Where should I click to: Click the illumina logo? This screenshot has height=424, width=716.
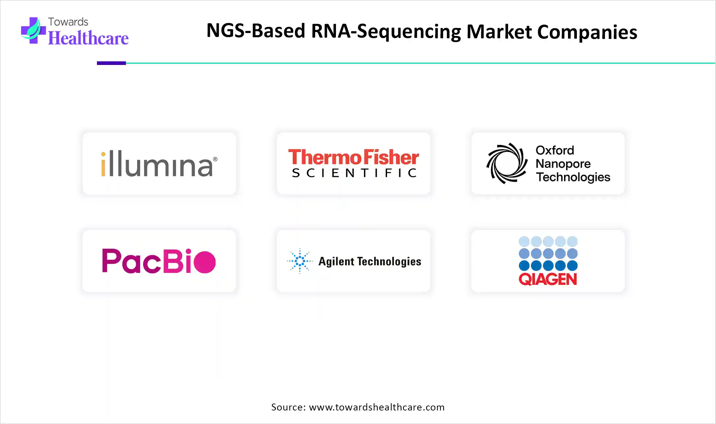[159, 164]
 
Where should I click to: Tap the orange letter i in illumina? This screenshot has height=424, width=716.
[103, 165]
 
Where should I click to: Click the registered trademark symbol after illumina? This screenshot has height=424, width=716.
[215, 159]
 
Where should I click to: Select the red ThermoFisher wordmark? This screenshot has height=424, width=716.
[353, 157]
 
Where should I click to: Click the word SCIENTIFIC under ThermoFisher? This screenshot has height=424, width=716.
[354, 173]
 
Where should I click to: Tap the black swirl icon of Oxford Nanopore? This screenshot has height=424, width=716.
[507, 164]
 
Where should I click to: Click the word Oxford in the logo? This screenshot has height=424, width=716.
[555, 150]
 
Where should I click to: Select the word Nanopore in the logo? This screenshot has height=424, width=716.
[563, 164]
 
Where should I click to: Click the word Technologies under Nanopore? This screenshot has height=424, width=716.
[573, 177]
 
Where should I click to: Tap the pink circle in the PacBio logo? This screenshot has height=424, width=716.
[205, 262]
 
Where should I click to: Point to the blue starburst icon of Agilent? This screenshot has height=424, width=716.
[300, 261]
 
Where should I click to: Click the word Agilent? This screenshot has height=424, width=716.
[336, 261]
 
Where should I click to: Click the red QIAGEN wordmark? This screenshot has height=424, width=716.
[548, 280]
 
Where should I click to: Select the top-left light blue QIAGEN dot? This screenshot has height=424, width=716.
[524, 242]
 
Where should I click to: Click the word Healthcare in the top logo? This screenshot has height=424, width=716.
[88, 38]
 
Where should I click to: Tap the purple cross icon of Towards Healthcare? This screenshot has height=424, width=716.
[33, 31]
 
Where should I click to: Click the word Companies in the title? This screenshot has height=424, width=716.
[587, 32]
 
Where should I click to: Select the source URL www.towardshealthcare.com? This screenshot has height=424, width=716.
[377, 407]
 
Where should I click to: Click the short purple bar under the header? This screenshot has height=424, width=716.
[111, 63]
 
